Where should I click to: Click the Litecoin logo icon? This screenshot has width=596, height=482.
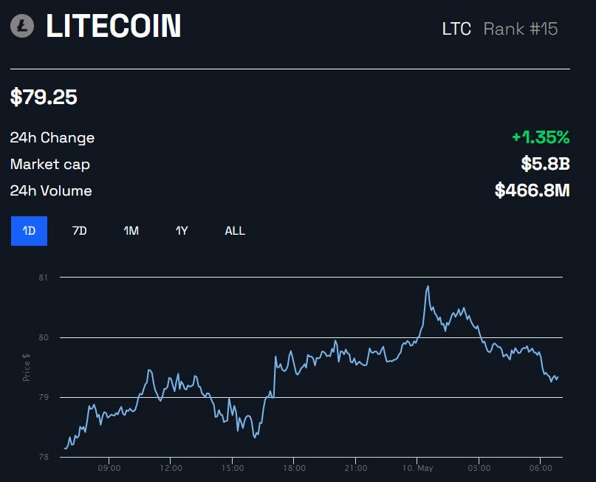click(22, 27)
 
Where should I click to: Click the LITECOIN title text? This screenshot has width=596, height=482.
click(113, 27)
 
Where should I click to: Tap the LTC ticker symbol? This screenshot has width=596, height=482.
click(456, 30)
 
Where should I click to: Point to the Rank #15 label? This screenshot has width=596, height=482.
click(521, 30)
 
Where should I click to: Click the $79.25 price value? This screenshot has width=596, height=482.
click(44, 97)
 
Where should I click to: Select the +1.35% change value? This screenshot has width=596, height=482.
click(541, 137)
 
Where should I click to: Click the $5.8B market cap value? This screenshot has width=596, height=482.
click(545, 164)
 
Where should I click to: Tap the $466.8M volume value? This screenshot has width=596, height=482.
click(532, 190)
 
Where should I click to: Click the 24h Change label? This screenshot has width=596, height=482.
click(52, 138)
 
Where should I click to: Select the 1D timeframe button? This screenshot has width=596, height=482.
click(29, 231)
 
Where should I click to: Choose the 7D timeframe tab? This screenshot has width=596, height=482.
click(79, 231)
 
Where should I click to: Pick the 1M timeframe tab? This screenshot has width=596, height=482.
click(131, 231)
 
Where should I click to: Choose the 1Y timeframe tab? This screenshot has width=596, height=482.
click(182, 231)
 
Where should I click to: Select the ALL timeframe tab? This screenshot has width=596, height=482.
click(235, 231)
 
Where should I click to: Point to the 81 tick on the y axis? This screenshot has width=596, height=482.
click(43, 278)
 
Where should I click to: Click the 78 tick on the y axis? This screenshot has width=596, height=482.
click(43, 458)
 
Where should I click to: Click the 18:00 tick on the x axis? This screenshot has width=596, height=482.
click(294, 469)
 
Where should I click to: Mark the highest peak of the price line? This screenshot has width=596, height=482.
click(428, 286)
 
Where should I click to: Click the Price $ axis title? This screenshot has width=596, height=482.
click(27, 367)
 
